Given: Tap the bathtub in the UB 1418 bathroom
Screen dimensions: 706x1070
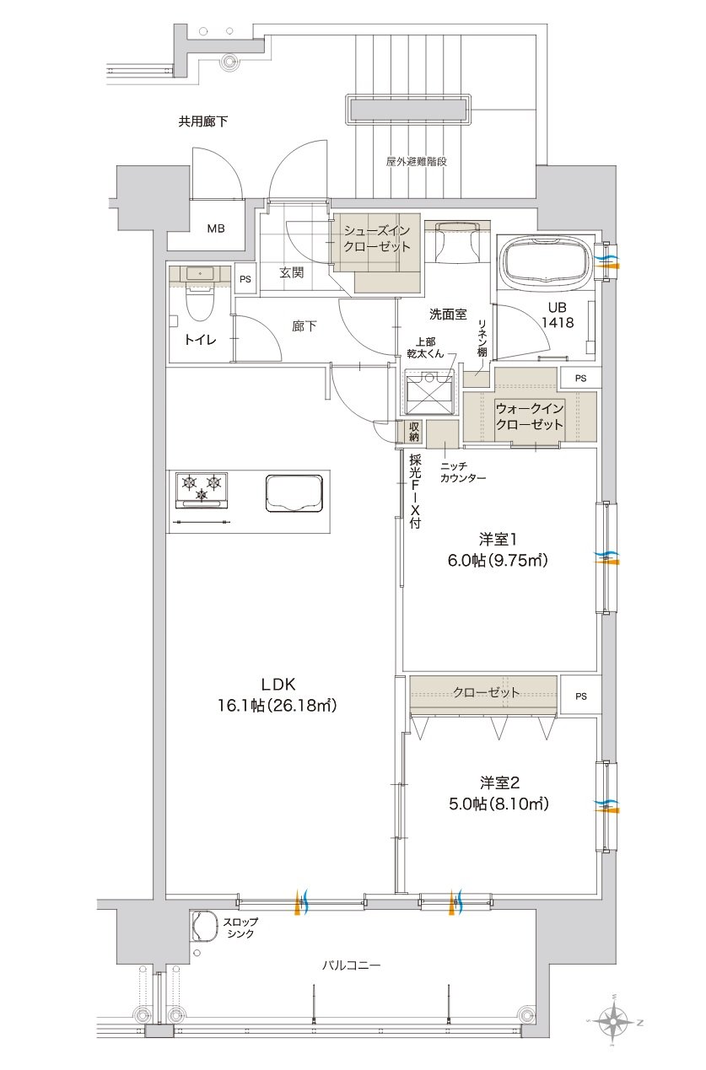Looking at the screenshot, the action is (546, 262).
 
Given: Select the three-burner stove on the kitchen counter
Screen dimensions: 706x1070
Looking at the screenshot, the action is (202, 490).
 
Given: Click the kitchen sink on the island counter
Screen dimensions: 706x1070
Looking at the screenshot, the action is (294, 493).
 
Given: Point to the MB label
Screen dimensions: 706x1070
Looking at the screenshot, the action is (216, 229).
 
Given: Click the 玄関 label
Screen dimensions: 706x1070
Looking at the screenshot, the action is (292, 272).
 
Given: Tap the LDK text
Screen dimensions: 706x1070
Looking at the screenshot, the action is (278, 685).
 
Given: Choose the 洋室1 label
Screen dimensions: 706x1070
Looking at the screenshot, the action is (498, 540).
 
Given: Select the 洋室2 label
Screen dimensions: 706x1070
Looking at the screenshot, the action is (499, 783).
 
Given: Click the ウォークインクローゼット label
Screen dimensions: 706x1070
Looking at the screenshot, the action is (529, 416).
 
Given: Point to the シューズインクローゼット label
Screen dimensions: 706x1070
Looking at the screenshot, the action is (377, 239).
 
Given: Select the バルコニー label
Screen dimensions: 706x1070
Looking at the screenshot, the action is (352, 965).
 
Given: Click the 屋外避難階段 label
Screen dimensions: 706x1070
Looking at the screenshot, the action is (417, 161).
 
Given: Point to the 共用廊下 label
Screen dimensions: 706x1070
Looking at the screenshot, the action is (202, 121).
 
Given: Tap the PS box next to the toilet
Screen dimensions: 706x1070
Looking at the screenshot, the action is (245, 278).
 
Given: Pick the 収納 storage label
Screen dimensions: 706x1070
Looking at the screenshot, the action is (414, 431).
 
